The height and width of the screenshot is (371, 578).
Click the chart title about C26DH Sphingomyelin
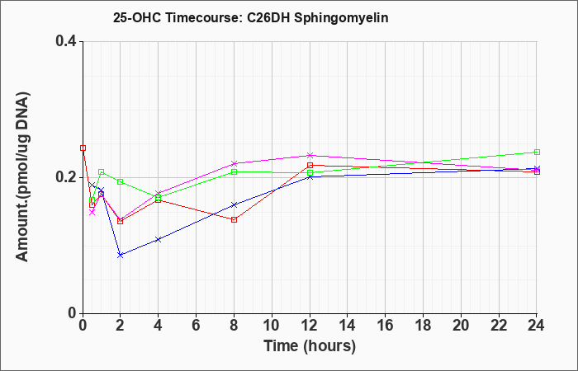251,18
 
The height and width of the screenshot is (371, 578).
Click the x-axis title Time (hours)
310,346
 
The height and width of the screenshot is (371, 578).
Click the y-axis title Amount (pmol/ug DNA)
23,176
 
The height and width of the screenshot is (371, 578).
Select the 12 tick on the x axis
310,326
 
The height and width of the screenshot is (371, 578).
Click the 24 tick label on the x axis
537,326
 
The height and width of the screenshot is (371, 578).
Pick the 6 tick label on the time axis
197,326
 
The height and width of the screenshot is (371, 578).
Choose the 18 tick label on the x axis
423,326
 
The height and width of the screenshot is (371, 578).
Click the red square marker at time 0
83,148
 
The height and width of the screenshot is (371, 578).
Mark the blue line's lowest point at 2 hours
121,255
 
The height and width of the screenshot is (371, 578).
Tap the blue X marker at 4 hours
159,239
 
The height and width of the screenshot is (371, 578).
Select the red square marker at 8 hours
234,220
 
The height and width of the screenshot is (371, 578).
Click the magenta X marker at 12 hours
310,155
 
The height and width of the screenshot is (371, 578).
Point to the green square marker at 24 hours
537,152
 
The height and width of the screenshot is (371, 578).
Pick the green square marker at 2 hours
121,182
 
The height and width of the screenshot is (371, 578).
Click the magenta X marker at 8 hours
234,163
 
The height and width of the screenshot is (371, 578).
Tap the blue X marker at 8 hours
234,204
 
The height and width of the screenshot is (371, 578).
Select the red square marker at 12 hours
310,165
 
